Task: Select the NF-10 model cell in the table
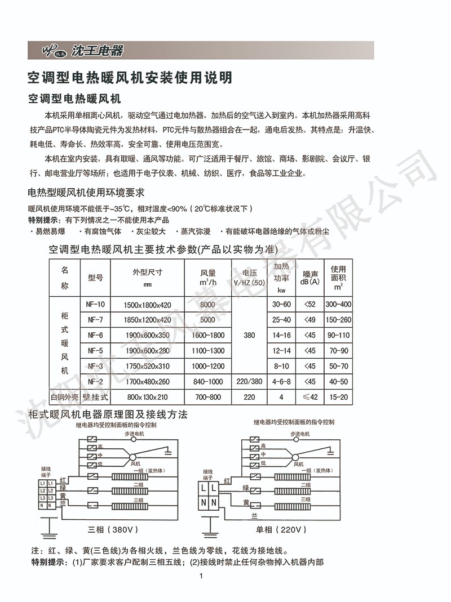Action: click(x=95, y=305)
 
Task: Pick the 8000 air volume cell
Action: click(x=207, y=305)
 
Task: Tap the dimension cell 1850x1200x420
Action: click(x=147, y=320)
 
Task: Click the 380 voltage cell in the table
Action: click(x=249, y=335)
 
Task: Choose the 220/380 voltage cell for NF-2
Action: click(x=249, y=382)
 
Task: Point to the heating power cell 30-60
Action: click(x=281, y=305)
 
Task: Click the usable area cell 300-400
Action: click(x=338, y=305)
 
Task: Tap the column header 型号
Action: click(x=95, y=278)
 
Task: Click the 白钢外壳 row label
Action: click(x=64, y=397)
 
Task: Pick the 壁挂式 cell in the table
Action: click(x=95, y=397)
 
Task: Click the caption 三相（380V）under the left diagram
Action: click(x=113, y=530)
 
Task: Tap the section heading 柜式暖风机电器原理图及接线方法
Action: click(x=108, y=415)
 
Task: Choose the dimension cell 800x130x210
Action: click(x=147, y=397)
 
